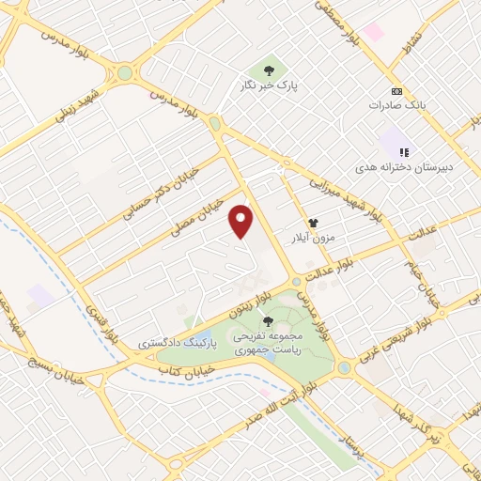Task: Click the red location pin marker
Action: tap(242, 220)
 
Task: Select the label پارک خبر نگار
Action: tap(270, 85)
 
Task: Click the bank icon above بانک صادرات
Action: tap(396, 91)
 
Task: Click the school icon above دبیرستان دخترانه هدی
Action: tap(405, 150)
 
